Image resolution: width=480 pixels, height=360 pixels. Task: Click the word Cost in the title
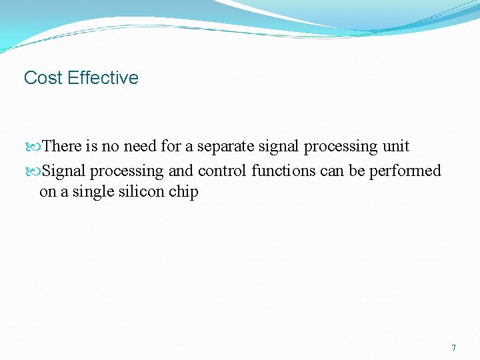pos(43,78)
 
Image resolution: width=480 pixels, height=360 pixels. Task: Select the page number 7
pos(454,348)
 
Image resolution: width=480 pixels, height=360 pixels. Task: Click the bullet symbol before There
pos(36,147)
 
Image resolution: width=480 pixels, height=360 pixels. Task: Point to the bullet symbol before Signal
pos(36,171)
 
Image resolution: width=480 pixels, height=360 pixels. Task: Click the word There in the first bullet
pos(61,146)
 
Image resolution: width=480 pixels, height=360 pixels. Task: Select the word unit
pos(396,146)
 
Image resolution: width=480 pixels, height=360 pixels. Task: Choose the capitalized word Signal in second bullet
pos(65,171)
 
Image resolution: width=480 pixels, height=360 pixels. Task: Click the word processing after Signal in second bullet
pos(127,171)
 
